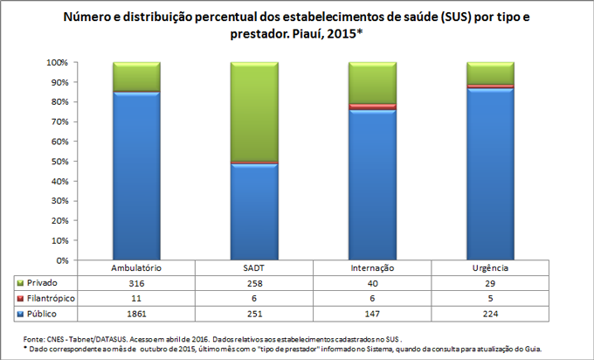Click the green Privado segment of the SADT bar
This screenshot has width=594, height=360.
click(x=254, y=112)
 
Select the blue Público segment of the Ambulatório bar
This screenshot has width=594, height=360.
click(x=136, y=175)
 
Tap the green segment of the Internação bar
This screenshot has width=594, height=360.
click(x=372, y=82)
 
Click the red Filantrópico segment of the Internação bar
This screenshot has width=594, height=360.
click(x=372, y=107)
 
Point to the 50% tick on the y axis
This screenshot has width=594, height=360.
click(x=60, y=162)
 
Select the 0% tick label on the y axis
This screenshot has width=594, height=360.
click(x=60, y=260)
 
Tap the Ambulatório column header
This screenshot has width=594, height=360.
click(x=136, y=268)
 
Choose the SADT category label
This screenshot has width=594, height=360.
click(x=254, y=268)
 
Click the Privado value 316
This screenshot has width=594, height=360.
click(x=136, y=283)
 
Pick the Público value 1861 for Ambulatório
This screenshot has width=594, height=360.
click(x=136, y=313)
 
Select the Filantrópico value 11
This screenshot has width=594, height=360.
click(x=136, y=298)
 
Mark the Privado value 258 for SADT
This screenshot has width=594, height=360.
click(x=254, y=283)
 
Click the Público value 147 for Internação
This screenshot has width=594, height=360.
click(x=372, y=313)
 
